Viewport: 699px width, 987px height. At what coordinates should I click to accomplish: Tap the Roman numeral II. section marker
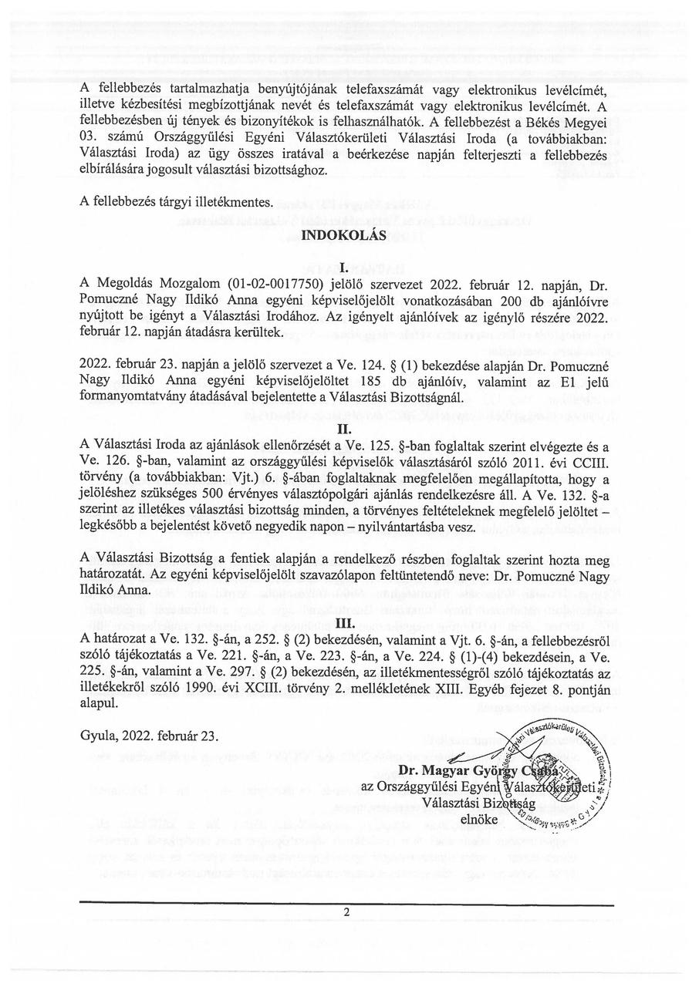pos(346,429)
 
